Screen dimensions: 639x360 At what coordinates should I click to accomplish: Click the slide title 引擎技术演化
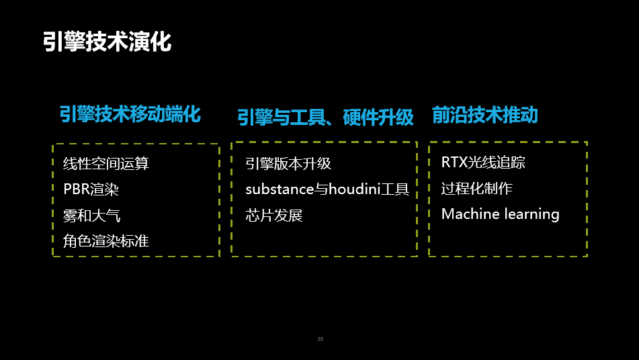coord(108,41)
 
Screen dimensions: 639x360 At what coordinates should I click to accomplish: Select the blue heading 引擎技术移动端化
coord(130,114)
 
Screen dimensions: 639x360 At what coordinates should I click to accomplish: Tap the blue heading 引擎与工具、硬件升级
coord(325,118)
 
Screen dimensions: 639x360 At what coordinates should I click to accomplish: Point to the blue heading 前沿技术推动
coord(484,115)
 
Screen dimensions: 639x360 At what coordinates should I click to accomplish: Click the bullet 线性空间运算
coord(106,163)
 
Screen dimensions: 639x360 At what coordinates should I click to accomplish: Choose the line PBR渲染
coord(91,189)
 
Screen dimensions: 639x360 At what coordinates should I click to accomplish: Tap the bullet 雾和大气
coord(92,215)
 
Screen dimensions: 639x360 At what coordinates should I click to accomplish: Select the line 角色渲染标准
coord(106,240)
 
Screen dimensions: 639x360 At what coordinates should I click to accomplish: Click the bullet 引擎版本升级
coord(288,163)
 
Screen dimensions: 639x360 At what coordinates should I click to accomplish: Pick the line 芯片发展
coord(274,215)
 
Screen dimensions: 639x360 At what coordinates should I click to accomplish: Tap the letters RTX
coord(454,162)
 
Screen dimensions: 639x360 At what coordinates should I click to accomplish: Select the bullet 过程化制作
coord(476,188)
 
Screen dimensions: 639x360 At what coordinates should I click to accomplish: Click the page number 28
coord(321,339)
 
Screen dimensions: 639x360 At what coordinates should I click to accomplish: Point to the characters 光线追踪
coord(497,162)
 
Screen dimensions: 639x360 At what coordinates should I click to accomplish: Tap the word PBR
coord(75,189)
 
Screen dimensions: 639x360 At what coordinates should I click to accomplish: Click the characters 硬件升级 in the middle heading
coord(378,118)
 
